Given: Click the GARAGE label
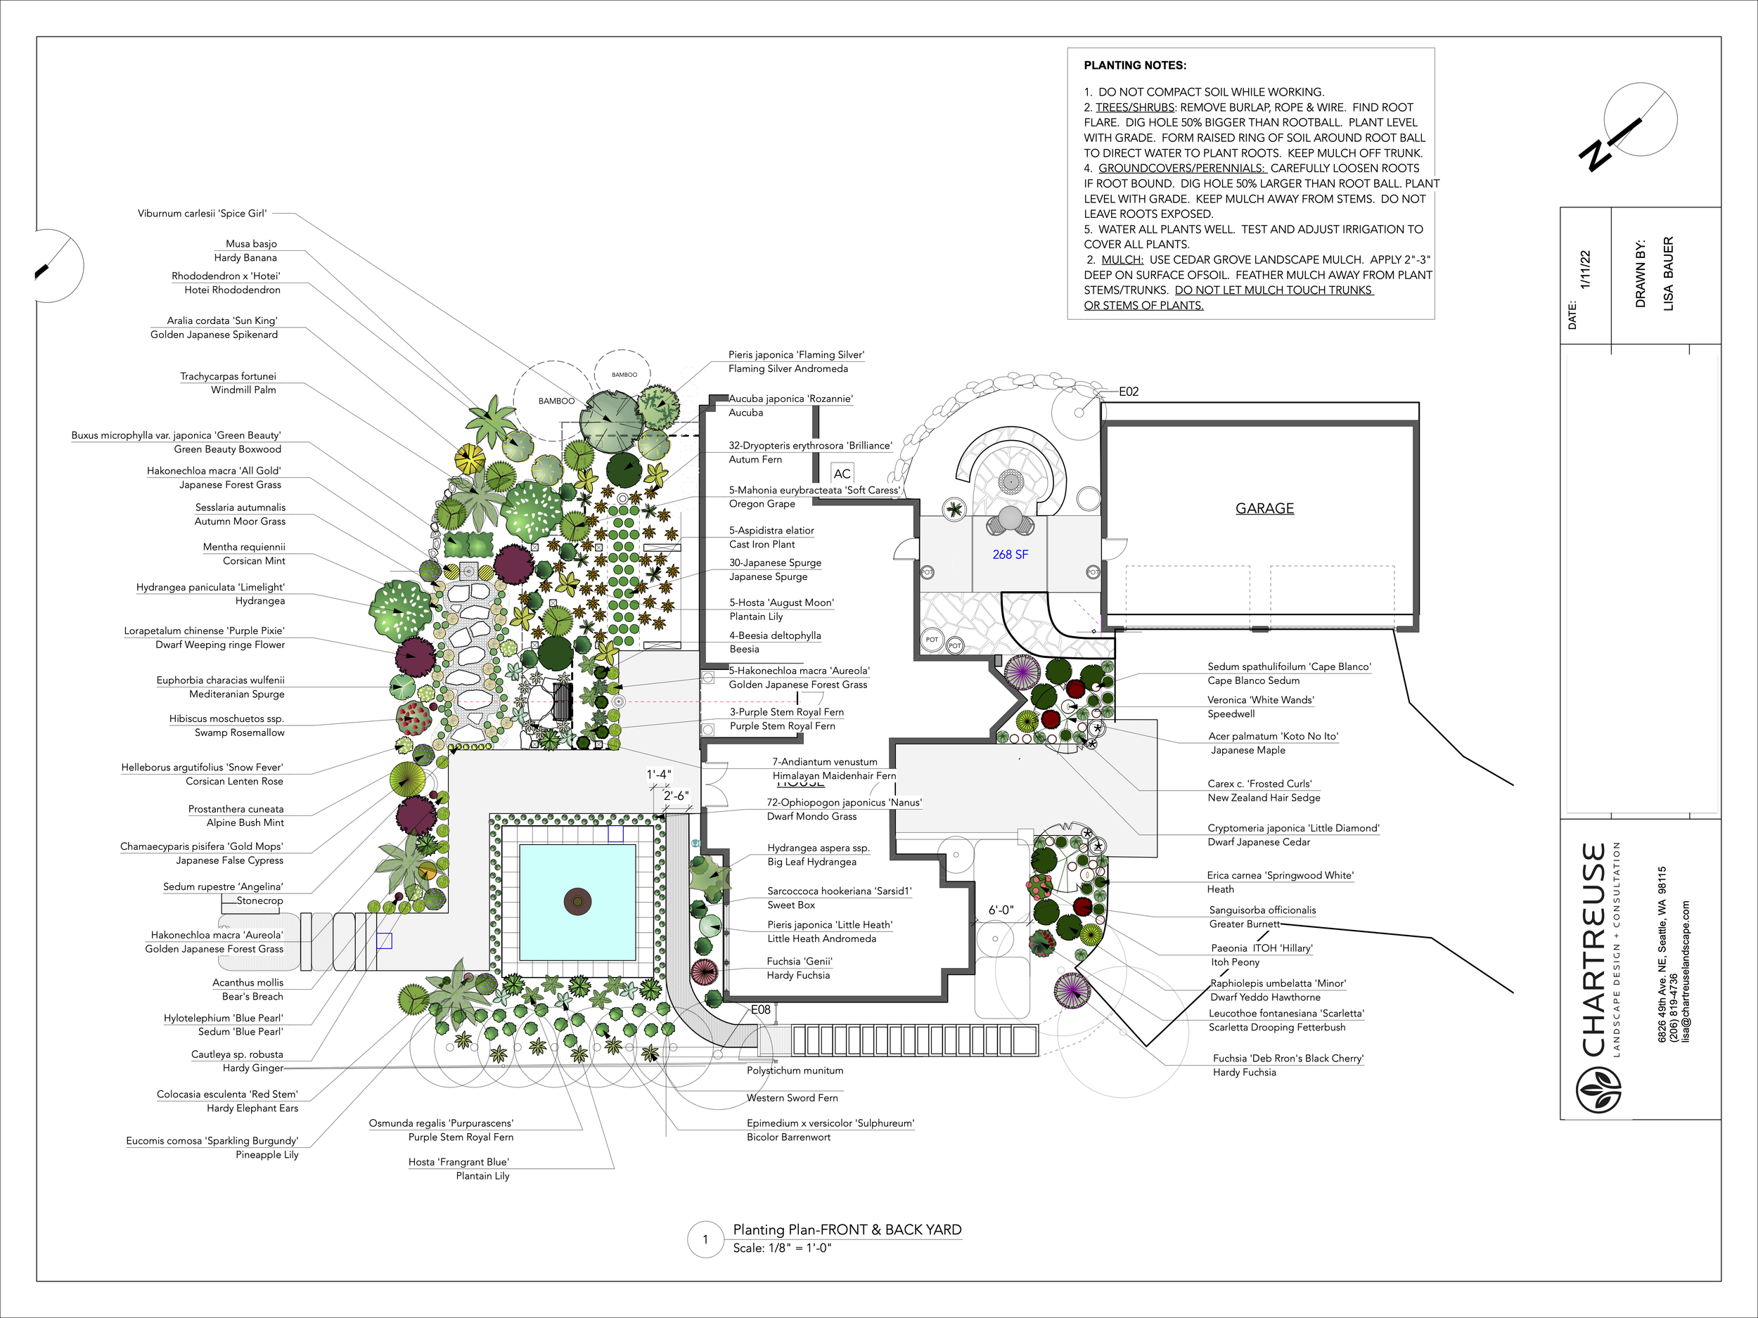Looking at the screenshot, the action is (x=1264, y=508).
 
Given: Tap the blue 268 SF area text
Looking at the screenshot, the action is (x=1010, y=555).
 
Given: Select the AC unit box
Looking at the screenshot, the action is (x=842, y=474).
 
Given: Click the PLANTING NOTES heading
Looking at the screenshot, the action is (x=1135, y=65).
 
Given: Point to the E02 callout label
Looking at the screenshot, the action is (x=1129, y=392).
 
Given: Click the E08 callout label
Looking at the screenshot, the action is (x=761, y=1009).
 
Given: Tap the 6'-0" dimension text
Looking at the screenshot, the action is (x=1001, y=910).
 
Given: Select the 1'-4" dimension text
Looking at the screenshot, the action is (x=659, y=775).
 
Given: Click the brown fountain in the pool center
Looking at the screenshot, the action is (x=578, y=902).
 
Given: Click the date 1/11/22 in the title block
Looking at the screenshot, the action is (x=1585, y=270).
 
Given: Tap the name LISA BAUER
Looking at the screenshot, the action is (x=1668, y=273).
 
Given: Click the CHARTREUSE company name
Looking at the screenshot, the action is (x=1594, y=950).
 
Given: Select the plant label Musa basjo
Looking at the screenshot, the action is (x=251, y=244).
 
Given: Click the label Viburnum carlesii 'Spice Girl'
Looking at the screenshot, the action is (x=202, y=214).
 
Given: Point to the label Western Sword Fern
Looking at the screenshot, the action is (x=792, y=1098).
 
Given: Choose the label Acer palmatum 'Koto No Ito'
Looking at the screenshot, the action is (x=1273, y=737).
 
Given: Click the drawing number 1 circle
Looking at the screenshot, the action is (x=705, y=1239).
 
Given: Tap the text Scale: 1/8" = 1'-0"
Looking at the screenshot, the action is (x=782, y=1248).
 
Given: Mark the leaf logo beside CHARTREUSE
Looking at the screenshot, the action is (x=1598, y=1091).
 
